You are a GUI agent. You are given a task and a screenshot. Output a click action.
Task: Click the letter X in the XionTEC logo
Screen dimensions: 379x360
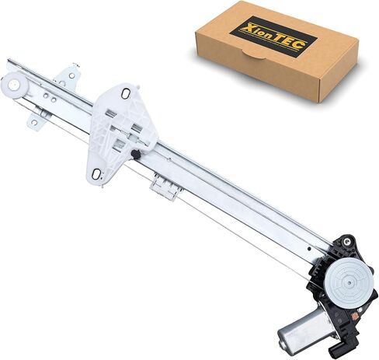point(249,27)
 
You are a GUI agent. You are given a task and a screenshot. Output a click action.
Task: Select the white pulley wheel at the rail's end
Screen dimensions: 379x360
point(15,85)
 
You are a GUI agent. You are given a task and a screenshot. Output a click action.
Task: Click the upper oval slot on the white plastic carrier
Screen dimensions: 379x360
point(126,93)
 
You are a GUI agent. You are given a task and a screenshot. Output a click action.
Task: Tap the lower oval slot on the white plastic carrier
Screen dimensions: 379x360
point(96,174)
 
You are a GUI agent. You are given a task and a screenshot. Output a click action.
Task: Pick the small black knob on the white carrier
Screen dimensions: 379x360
point(136,154)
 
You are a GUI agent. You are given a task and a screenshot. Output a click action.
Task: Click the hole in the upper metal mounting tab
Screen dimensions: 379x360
point(72,75)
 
